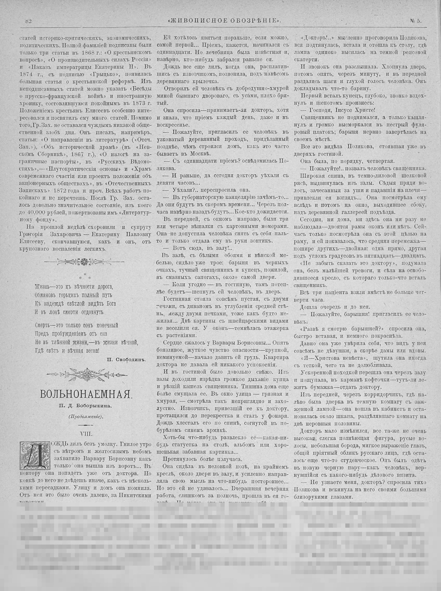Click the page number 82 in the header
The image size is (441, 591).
28,21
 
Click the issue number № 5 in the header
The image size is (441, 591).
416,21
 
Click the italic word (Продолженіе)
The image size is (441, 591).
85,416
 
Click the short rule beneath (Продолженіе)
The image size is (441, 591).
85,425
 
